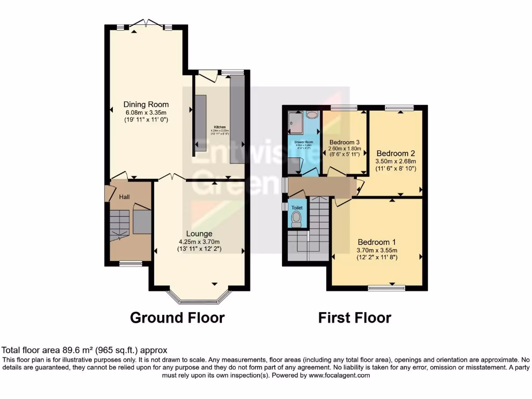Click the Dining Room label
(146, 104)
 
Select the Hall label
(125, 197)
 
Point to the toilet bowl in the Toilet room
(297, 221)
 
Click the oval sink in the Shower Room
(312, 115)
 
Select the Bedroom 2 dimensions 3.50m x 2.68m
(396, 162)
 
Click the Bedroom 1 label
(377, 242)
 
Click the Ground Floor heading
(177, 317)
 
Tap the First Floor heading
(355, 317)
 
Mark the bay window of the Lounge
(199, 298)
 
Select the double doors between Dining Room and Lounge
(170, 178)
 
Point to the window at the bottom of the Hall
(130, 263)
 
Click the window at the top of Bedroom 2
(400, 108)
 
